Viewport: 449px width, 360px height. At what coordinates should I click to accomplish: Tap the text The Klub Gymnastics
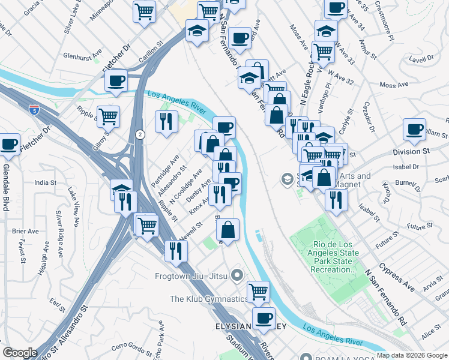pos(208,299)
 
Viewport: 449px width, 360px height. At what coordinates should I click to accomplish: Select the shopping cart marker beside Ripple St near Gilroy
pos(108,116)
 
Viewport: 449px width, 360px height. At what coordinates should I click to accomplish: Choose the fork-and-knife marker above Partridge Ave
pos(166,121)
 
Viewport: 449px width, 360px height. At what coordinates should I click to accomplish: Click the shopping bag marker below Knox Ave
pos(228,229)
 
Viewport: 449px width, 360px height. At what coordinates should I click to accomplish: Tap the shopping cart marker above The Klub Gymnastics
pos(258,292)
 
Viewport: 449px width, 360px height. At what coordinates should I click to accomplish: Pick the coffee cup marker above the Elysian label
pos(263,317)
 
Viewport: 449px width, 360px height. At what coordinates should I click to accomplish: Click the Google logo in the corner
pos(20,353)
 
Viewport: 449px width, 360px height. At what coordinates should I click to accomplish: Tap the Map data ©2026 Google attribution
pos(412,355)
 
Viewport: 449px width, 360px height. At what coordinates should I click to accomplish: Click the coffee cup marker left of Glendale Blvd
pos(9,144)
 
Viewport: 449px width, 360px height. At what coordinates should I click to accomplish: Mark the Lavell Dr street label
pos(422,59)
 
